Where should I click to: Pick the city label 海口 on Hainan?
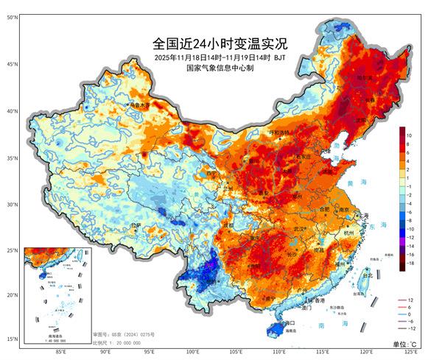290,322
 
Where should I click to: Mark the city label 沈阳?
360,119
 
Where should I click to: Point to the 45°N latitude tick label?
13,64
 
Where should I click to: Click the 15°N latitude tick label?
13,339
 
